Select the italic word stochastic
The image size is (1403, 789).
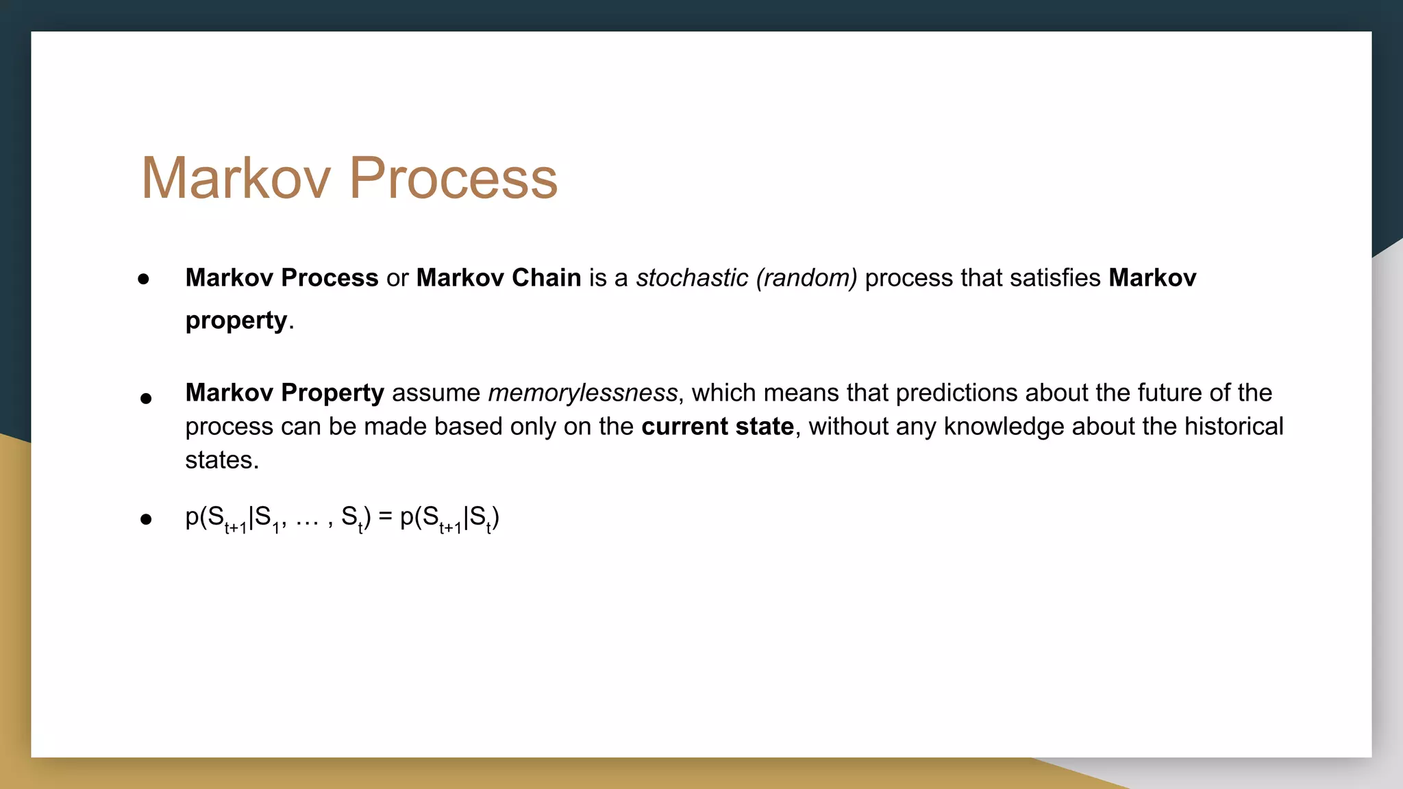[692, 278]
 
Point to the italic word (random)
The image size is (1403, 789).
[806, 278]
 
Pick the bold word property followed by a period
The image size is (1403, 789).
[236, 321]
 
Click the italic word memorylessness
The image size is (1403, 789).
[582, 393]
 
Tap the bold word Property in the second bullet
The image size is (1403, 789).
[332, 393]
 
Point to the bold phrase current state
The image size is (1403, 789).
[717, 427]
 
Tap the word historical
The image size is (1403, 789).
[1234, 427]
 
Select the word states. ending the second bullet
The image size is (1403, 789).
[221, 460]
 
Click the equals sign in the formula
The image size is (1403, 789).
[385, 517]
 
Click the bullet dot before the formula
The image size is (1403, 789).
[145, 519]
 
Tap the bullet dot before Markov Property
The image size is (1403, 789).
[145, 398]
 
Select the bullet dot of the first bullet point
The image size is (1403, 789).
[143, 279]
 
